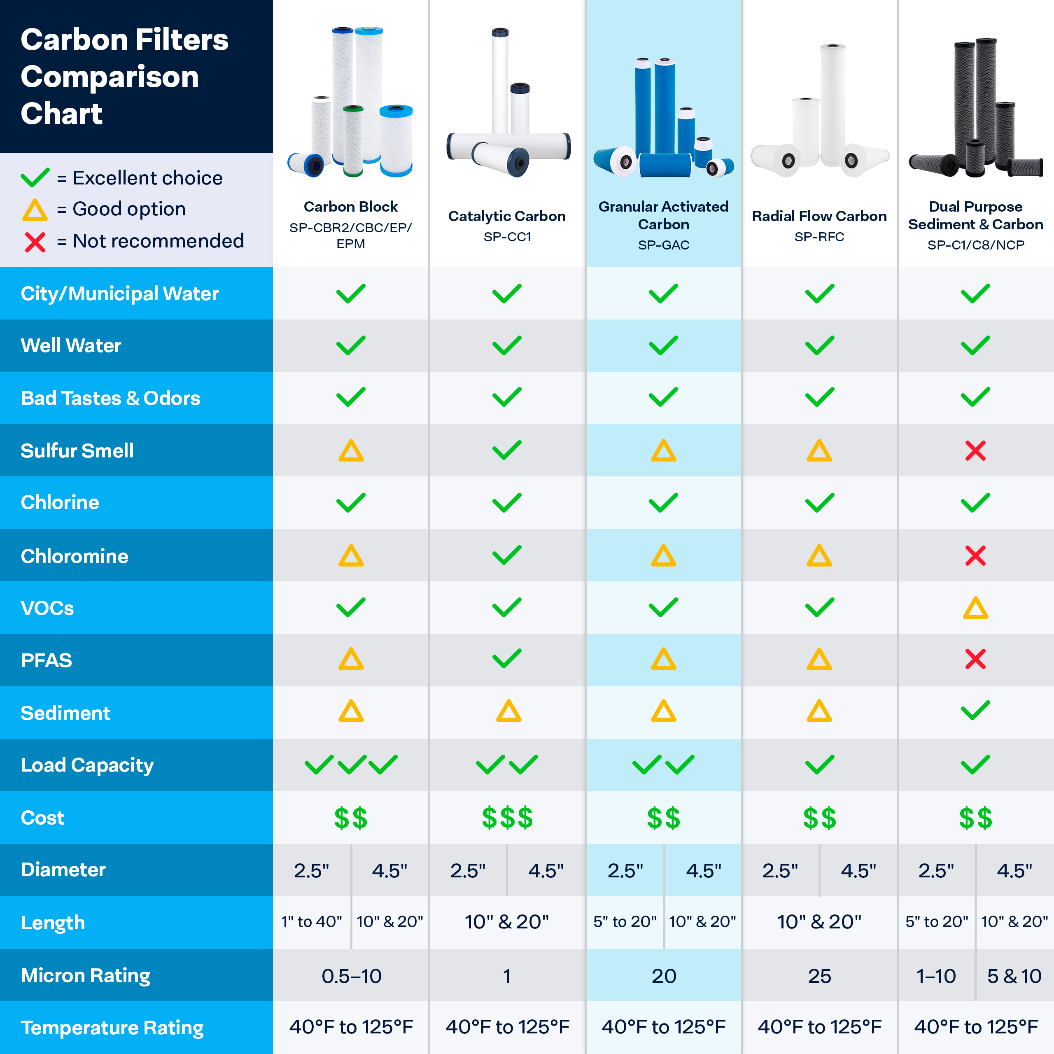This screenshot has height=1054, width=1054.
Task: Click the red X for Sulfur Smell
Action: [x=975, y=450]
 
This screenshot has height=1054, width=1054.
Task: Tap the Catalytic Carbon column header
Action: [x=507, y=217]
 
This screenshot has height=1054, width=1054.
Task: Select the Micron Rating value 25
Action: [x=819, y=976]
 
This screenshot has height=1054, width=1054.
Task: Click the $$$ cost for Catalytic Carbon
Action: [x=507, y=818]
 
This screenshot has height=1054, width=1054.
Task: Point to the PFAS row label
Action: [x=47, y=660]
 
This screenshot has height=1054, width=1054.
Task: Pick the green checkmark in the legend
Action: [x=35, y=177]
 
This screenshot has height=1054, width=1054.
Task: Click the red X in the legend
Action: [x=35, y=242]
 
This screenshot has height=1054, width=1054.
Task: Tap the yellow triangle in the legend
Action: [x=35, y=210]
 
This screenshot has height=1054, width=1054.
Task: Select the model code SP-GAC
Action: [x=663, y=245]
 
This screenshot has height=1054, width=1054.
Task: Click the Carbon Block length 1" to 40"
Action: [x=312, y=922]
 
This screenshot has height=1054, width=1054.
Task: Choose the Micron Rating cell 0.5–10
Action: [x=351, y=976]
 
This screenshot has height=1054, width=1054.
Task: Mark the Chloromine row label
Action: [x=75, y=556]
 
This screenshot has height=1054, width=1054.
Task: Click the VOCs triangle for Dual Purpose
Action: [x=975, y=608]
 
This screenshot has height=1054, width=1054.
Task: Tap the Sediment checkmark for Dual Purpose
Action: [x=975, y=711]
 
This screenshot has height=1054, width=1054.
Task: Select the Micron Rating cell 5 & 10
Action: [x=1014, y=976]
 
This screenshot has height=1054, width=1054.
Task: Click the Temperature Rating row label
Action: [x=112, y=1028]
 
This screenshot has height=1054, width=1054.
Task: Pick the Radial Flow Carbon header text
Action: [x=819, y=217]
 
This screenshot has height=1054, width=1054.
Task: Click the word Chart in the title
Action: [x=62, y=114]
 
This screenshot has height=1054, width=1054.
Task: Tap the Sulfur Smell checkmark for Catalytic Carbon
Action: [x=507, y=450]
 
